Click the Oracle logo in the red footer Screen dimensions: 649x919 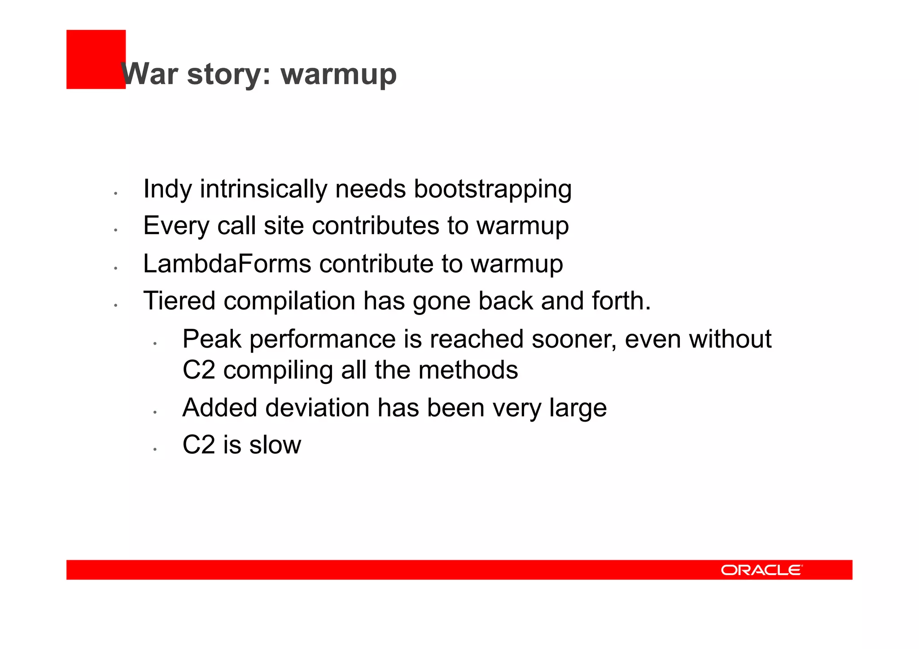761,570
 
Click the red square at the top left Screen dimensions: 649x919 96,59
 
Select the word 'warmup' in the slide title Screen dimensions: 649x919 339,74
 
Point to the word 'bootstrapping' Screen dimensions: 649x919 492,189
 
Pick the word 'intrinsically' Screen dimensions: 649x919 263,189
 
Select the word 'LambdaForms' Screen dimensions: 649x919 227,263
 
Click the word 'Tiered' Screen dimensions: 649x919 179,301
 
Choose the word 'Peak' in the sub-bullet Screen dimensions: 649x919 212,339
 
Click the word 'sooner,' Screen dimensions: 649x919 574,339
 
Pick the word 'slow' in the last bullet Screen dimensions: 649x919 275,445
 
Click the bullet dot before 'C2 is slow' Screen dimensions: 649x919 154,449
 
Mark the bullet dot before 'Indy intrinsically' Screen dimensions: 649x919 115,193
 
